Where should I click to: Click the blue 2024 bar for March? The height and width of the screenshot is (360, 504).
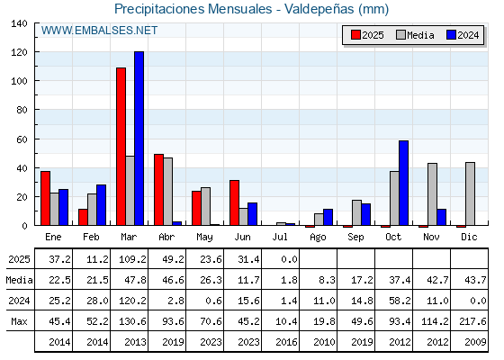pyautogui.click(x=139, y=139)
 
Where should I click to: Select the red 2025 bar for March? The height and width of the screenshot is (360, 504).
pyautogui.click(x=121, y=146)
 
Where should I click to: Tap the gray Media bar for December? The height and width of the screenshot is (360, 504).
pyautogui.click(x=470, y=193)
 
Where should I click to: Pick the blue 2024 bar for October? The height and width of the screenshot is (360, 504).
pyautogui.click(x=403, y=183)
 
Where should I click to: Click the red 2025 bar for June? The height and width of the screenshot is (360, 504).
pyautogui.click(x=234, y=202)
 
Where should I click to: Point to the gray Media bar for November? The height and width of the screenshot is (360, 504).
pyautogui.click(x=432, y=194)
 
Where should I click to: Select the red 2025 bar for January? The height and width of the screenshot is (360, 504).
pyautogui.click(x=45, y=198)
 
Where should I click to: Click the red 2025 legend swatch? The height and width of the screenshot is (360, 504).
pyautogui.click(x=355, y=35)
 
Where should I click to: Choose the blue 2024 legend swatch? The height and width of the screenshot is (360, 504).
pyautogui.click(x=451, y=35)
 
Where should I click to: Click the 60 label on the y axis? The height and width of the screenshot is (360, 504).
pyautogui.click(x=22, y=139)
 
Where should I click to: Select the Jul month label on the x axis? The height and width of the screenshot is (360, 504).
pyautogui.click(x=280, y=237)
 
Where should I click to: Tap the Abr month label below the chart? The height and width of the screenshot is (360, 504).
pyautogui.click(x=166, y=237)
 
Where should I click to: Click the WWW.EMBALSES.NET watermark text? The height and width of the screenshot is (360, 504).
pyautogui.click(x=99, y=31)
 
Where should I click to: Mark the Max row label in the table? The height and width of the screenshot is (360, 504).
pyautogui.click(x=19, y=321)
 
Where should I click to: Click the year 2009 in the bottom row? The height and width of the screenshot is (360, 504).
pyautogui.click(x=475, y=342)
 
